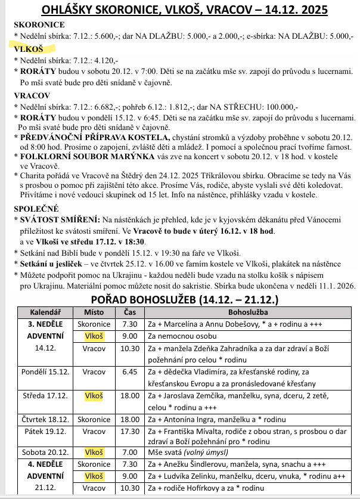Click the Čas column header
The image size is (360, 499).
pos(129,312)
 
